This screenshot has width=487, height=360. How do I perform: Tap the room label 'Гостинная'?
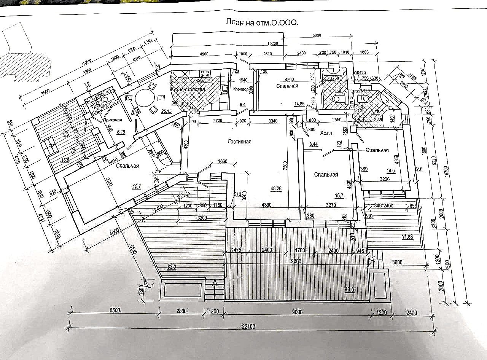pyautogui.click(x=239, y=142)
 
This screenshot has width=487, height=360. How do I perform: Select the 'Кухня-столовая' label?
pyautogui.click(x=188, y=89)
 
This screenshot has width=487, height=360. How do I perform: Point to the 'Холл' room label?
pyautogui.click(x=326, y=133)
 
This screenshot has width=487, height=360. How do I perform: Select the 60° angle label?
pyautogui.click(x=177, y=124)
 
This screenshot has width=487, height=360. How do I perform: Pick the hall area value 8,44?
pyautogui.click(x=314, y=144)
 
